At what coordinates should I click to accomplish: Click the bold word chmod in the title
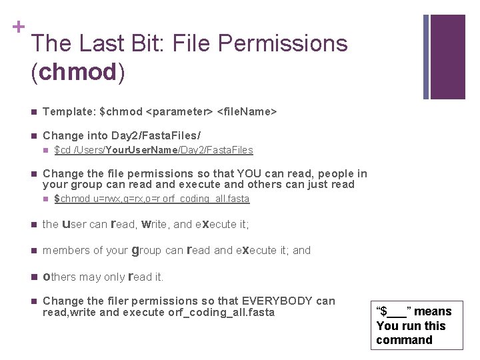77,73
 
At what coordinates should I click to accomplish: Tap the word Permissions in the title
282,43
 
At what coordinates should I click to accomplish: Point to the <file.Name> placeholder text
246,111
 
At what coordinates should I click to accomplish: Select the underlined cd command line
153,150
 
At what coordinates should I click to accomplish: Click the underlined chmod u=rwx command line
151,199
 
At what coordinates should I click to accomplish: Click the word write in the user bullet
153,224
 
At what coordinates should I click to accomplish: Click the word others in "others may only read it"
60,277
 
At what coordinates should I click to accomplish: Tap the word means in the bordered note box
432,311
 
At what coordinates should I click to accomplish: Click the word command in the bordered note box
404,340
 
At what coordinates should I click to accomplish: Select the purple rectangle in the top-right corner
447,56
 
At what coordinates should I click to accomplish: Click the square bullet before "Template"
34,111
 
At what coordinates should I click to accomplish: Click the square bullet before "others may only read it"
34,277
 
